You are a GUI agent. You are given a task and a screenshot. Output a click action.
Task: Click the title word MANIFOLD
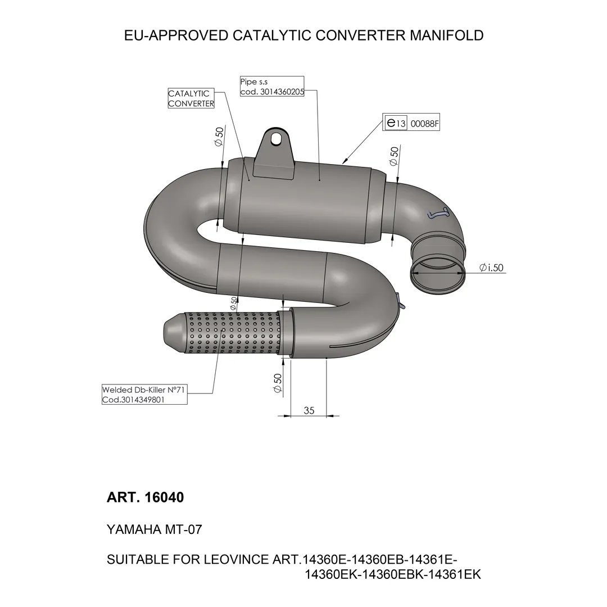tap(446, 35)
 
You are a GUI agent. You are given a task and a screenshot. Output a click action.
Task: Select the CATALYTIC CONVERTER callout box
tap(191, 98)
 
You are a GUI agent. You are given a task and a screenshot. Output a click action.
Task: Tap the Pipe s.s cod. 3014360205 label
tap(272, 87)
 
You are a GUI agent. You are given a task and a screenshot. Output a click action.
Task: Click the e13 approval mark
tap(396, 123)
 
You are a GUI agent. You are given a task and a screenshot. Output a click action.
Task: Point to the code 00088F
tap(424, 124)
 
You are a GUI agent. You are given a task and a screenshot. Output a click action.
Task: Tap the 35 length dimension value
tap(309, 410)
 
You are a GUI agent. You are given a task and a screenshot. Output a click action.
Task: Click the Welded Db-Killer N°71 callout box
tap(144, 395)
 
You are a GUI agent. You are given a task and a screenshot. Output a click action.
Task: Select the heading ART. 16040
tap(145, 497)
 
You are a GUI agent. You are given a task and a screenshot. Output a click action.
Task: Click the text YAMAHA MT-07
tap(154, 529)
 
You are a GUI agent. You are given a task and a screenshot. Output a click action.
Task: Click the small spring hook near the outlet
tap(438, 213)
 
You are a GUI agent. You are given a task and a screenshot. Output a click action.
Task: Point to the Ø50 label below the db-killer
tap(277, 383)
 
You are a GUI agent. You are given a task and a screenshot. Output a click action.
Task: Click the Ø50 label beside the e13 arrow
tap(393, 156)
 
